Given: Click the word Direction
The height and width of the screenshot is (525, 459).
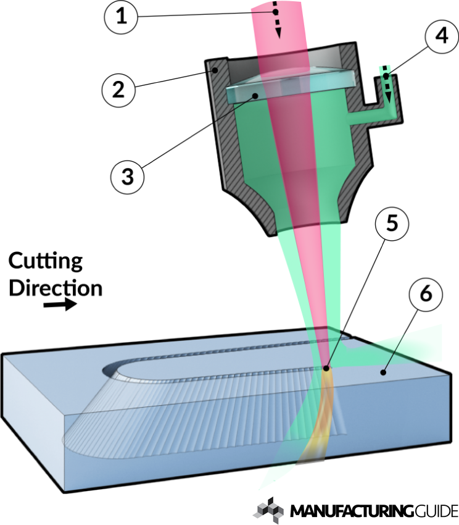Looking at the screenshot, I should point(55,287).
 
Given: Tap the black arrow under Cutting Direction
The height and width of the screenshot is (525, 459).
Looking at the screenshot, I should point(62,304).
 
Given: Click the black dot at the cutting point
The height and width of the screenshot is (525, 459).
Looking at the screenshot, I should point(328,369).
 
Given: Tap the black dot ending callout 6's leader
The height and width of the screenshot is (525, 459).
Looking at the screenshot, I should point(383,372).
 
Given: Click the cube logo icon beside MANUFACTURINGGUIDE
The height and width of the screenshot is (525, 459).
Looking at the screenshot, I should point(270,509).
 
